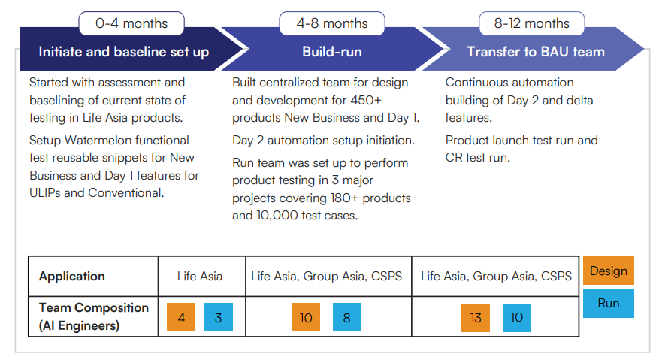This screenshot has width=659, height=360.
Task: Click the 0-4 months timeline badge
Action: point(131,23)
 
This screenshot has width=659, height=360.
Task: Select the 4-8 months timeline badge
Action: point(332,23)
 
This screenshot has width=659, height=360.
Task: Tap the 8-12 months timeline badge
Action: point(532,23)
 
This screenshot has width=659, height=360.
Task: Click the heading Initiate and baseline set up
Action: point(123,52)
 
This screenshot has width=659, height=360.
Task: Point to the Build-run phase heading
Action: point(332,52)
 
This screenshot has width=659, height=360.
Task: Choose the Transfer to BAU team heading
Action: point(536,52)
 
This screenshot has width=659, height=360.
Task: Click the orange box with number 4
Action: point(181,317)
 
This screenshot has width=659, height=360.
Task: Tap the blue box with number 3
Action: point(219,317)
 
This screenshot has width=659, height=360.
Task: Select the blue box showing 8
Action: point(346,317)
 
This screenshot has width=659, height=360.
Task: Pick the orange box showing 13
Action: point(476,317)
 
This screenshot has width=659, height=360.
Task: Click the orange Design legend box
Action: point(609,271)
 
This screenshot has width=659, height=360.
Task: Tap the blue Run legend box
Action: point(609,303)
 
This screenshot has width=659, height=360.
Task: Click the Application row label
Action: point(72,277)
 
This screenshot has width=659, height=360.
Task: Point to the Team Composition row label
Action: point(94,316)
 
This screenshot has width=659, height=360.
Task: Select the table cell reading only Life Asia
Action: point(200,277)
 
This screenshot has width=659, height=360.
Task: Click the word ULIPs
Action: point(45,192)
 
